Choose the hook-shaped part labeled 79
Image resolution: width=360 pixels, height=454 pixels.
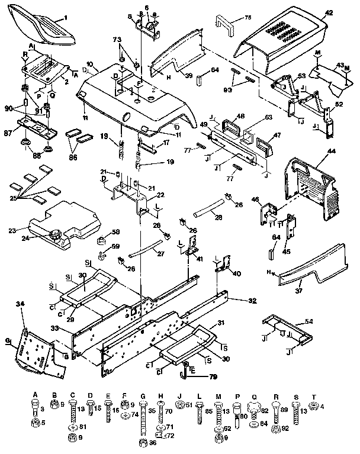pos(185,373)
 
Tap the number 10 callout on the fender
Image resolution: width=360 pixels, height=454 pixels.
pos(89,63)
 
